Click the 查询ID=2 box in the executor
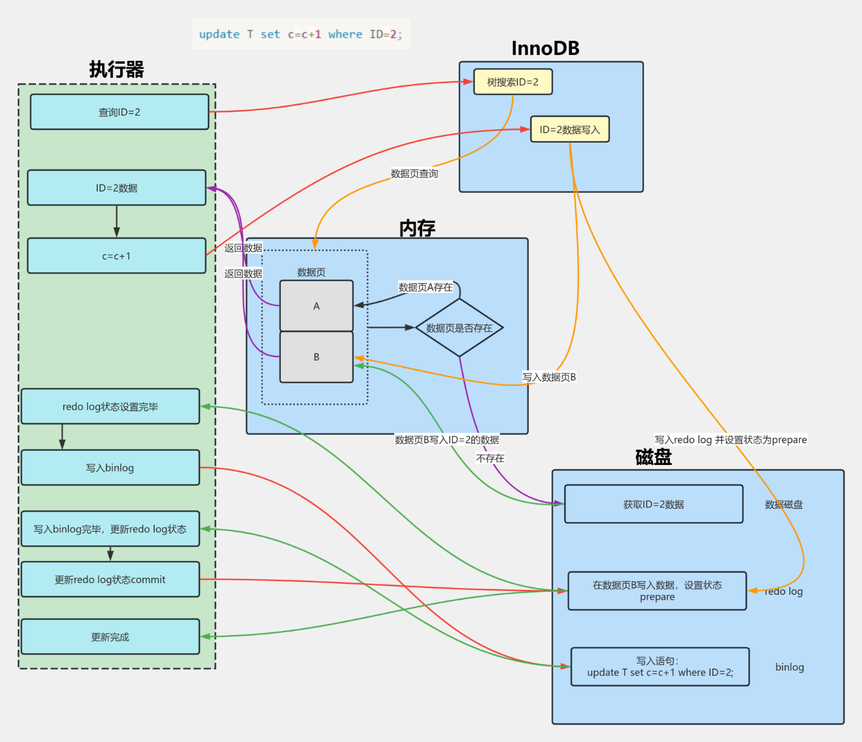tap(119, 112)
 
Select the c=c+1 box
tap(116, 256)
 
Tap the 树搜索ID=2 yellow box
tap(512, 82)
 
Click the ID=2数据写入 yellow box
tap(569, 129)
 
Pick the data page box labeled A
tap(316, 306)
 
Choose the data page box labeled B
tap(316, 357)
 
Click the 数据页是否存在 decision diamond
tap(459, 328)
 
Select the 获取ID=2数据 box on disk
tap(653, 504)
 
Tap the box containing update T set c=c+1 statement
tap(660, 667)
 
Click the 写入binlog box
tap(110, 467)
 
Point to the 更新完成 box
tap(110, 637)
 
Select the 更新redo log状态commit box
tap(110, 579)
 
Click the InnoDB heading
tap(545, 48)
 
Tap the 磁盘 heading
tap(653, 457)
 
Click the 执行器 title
tap(116, 69)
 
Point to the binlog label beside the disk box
tap(790, 667)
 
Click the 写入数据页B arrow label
tap(549, 377)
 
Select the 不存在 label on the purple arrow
tap(490, 458)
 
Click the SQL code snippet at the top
tap(300, 34)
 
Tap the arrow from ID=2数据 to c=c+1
tap(116, 221)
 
